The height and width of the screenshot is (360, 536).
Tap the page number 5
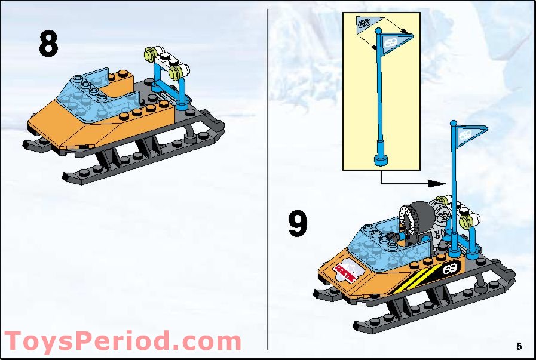[519, 346]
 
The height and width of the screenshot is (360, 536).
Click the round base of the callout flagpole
[380, 159]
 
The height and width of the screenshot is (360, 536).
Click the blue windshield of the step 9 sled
[385, 239]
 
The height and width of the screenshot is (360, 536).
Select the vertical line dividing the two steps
[267, 179]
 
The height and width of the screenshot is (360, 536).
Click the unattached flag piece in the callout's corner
[363, 23]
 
